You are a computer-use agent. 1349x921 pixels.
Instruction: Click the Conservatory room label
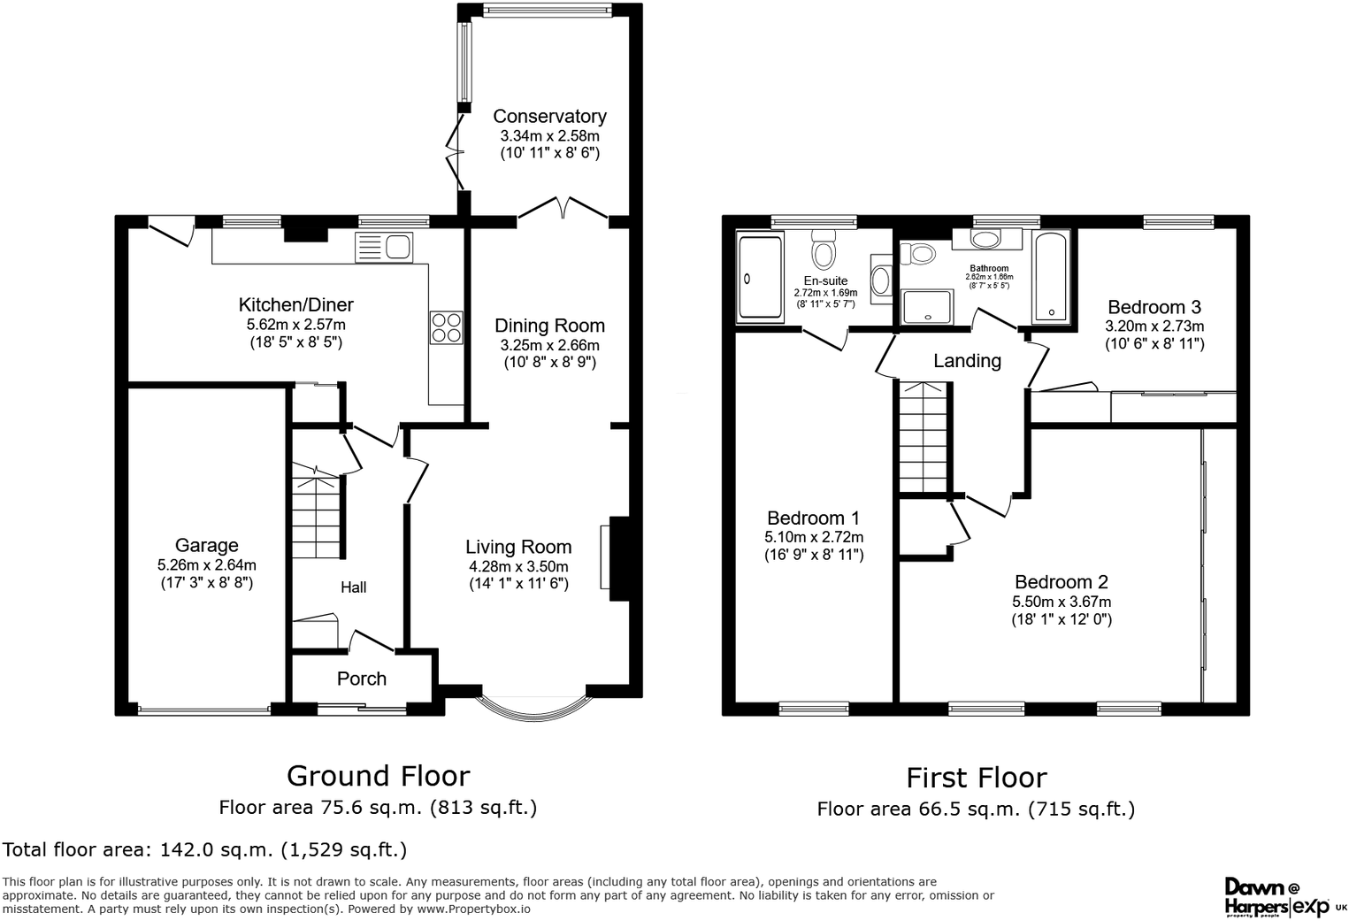(x=549, y=116)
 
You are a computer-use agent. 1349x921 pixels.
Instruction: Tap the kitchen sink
(x=383, y=247)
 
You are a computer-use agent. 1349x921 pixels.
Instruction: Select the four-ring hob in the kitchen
(x=446, y=327)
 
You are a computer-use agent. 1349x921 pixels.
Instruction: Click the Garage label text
(x=206, y=545)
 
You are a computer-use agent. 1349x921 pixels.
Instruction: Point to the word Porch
(x=362, y=679)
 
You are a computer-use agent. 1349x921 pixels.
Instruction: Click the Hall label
(x=354, y=587)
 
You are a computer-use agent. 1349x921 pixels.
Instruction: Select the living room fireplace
(x=617, y=557)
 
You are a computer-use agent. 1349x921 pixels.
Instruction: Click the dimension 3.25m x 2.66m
(x=549, y=345)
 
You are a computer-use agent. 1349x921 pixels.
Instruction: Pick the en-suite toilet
(x=824, y=250)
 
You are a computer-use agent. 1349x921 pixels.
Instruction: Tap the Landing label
(x=967, y=361)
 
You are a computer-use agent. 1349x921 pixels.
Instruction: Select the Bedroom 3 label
(x=1154, y=307)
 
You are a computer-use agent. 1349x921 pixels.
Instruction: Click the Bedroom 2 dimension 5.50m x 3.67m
(x=1062, y=602)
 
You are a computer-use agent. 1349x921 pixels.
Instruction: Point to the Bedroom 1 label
(x=813, y=518)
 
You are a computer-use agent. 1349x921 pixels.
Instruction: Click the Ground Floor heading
(x=378, y=776)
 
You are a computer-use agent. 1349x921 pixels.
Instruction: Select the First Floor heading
(x=976, y=778)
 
